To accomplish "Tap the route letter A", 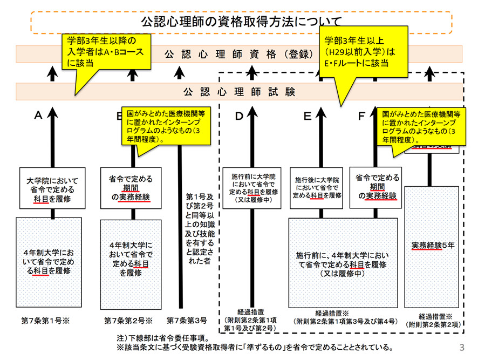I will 38,116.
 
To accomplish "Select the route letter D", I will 240,116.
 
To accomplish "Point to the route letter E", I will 308,116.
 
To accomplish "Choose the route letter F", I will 361,116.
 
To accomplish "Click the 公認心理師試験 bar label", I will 240,91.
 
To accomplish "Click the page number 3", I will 461,346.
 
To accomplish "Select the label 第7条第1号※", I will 46,321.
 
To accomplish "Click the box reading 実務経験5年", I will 433,245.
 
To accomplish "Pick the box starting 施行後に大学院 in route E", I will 317,187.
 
